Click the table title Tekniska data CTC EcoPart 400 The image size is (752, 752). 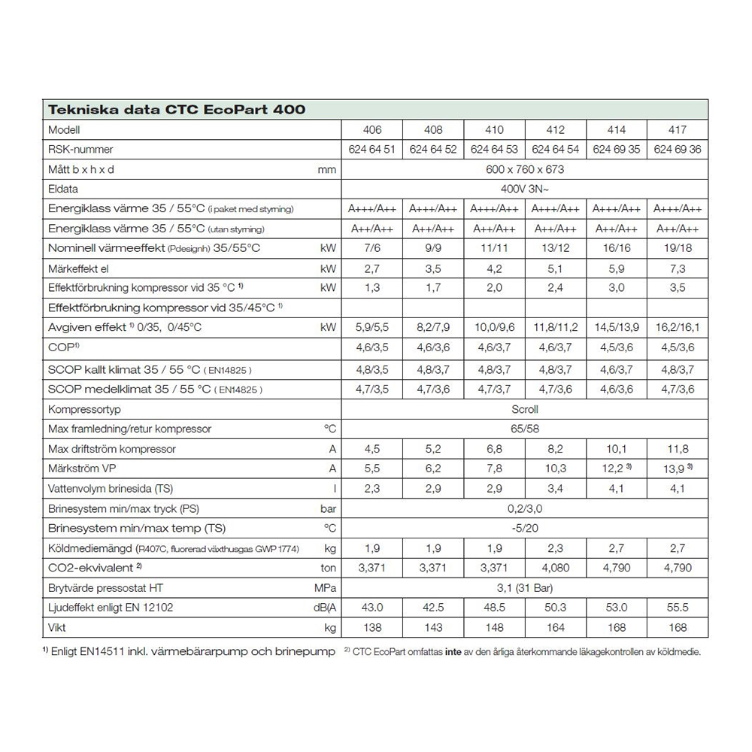[x=177, y=110]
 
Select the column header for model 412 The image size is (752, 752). [x=556, y=129]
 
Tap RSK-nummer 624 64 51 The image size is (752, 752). [x=371, y=150]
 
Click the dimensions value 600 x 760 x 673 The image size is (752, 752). [x=525, y=169]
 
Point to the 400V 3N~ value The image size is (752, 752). [x=525, y=189]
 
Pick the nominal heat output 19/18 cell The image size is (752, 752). [x=677, y=247]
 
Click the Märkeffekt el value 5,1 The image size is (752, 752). [x=556, y=267]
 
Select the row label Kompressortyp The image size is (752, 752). [x=84, y=409]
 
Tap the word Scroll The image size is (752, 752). [x=525, y=409]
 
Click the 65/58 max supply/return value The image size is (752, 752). [x=525, y=429]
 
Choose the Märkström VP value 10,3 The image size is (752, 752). [x=556, y=468]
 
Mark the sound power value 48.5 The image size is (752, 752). [x=494, y=606]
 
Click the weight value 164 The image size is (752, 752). [x=556, y=626]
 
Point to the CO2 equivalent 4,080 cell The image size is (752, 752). [x=556, y=568]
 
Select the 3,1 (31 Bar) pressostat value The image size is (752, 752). [x=525, y=587]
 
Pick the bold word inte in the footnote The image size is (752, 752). [x=452, y=652]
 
